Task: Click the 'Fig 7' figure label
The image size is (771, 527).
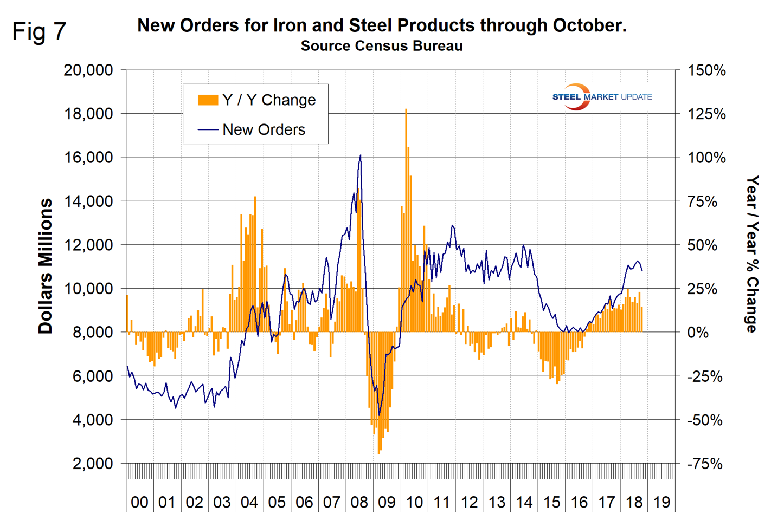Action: (x=39, y=32)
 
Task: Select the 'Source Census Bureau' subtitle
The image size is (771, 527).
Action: (x=382, y=46)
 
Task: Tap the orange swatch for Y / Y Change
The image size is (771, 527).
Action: (x=208, y=100)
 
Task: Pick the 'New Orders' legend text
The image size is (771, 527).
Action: (x=264, y=130)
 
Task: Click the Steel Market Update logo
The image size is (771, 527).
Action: (x=601, y=97)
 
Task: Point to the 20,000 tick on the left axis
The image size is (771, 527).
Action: (x=88, y=70)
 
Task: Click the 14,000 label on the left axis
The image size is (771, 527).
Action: (x=88, y=201)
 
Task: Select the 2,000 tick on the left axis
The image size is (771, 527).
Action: (x=93, y=464)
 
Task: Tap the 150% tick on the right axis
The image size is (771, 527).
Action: (x=706, y=70)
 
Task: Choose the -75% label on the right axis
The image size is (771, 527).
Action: (x=705, y=464)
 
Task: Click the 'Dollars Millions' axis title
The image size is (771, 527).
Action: (x=46, y=266)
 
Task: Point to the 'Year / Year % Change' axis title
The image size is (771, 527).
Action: (x=752, y=253)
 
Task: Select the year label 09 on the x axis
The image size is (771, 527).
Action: (x=387, y=503)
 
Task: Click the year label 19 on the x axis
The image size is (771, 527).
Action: (x=661, y=503)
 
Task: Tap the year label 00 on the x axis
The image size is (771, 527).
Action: (x=139, y=503)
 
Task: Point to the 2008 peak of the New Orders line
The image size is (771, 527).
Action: (x=361, y=155)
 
